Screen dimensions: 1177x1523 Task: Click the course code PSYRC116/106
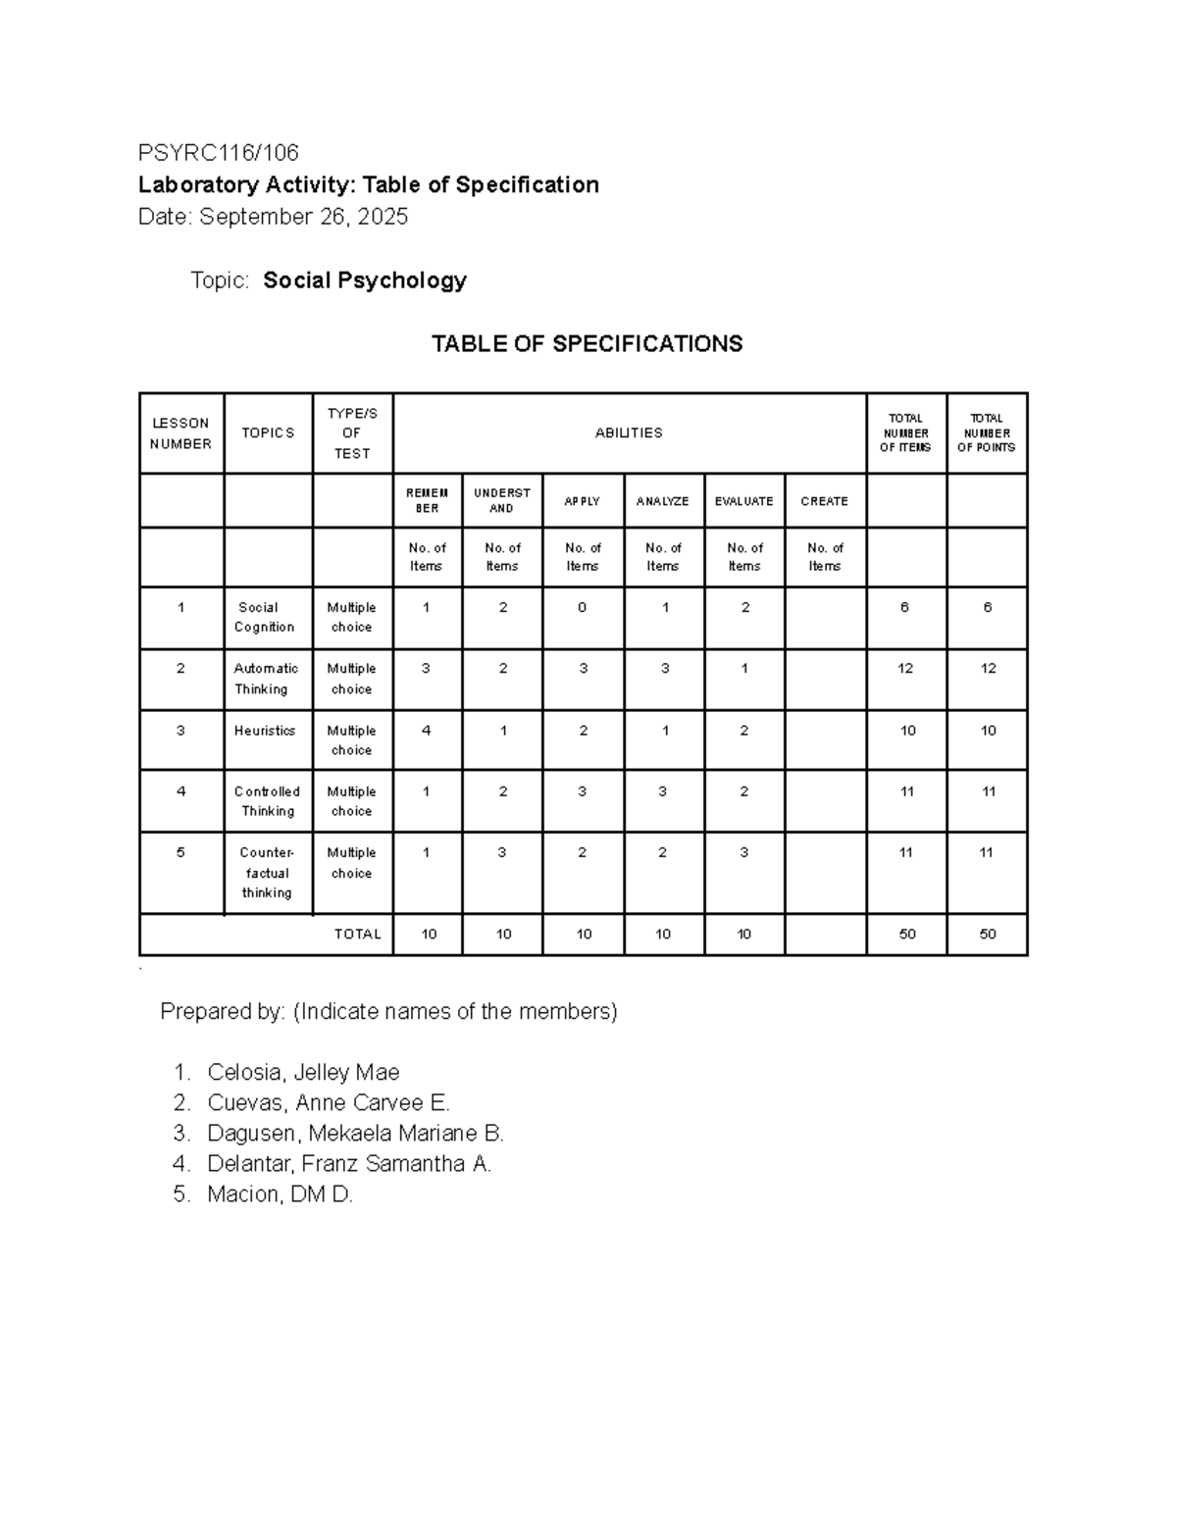pos(218,153)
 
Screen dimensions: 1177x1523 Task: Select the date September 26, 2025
pos(304,217)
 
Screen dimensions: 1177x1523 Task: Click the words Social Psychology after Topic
pos(365,280)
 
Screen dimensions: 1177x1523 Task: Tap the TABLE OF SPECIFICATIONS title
pos(587,344)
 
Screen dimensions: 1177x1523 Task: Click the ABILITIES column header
pos(629,432)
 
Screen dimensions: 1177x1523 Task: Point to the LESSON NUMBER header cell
pos(180,433)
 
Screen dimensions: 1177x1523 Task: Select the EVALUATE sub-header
pos(743,501)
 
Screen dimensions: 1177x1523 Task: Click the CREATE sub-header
pos(824,501)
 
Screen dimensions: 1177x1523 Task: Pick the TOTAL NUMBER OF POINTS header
pos(986,432)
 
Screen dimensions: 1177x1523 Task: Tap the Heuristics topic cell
pos(265,731)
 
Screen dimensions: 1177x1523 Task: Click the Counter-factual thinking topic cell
pos(267,873)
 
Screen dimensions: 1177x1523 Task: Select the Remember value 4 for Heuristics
pos(426,731)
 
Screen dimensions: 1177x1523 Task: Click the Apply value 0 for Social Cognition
pos(582,608)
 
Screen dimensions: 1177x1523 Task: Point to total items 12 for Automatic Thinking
pos(904,669)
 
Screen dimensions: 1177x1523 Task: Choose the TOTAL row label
pos(357,935)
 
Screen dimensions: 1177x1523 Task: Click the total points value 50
pos(987,935)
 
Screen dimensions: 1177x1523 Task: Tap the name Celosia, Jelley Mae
pos(303,1072)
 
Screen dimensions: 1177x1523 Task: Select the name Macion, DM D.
pos(280,1194)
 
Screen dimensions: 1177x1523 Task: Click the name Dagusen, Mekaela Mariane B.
pos(355,1134)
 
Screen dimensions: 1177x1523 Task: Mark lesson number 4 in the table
pos(180,791)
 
